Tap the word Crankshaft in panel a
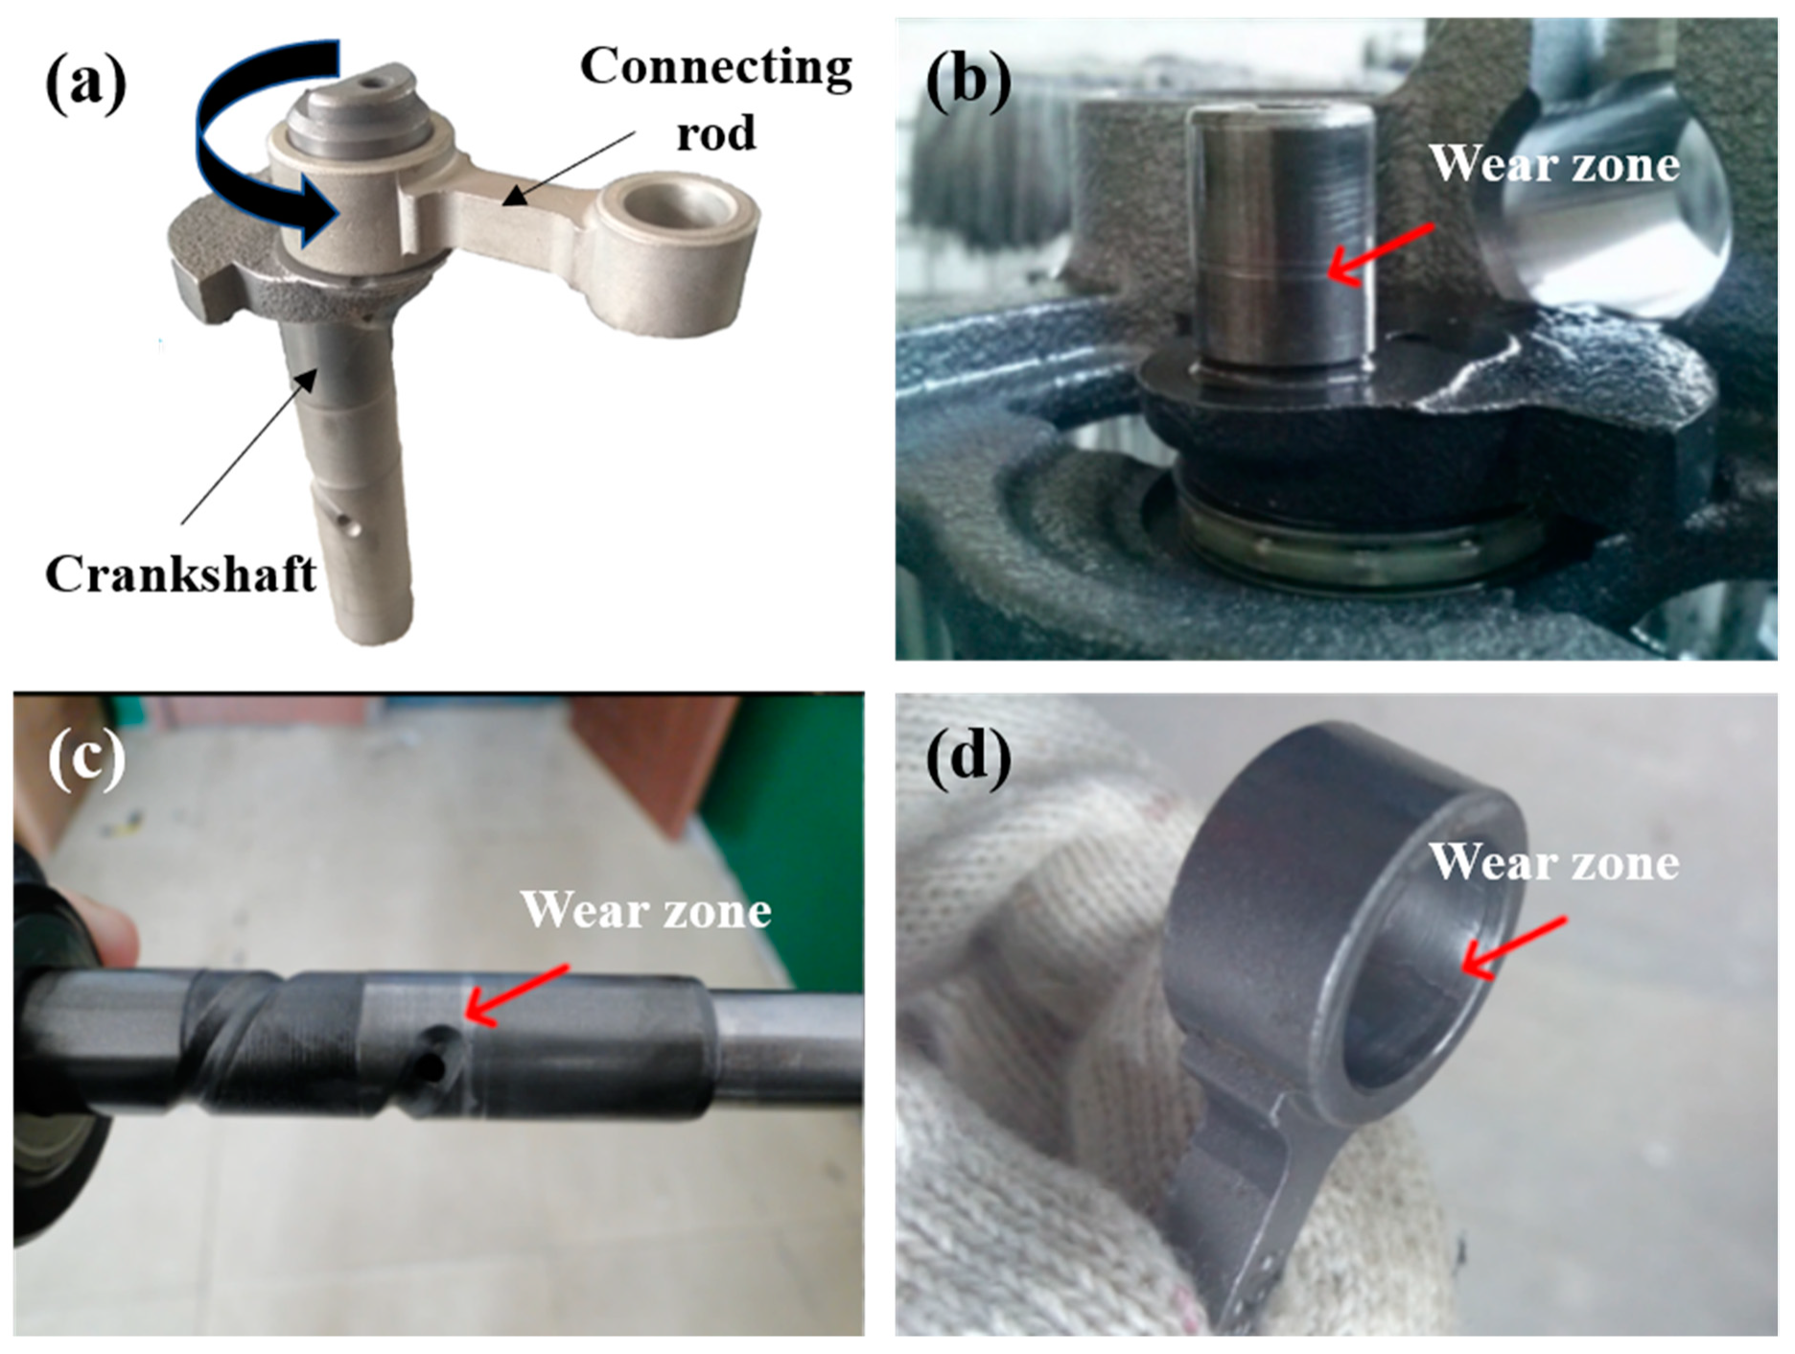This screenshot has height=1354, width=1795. [180, 574]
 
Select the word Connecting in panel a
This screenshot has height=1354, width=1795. [715, 67]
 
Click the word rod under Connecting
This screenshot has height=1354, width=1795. [715, 132]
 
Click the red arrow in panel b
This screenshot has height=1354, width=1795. [1381, 254]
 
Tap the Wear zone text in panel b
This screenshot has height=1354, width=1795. [1553, 165]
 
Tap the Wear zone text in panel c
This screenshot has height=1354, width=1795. [645, 910]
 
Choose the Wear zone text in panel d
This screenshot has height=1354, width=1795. [1553, 862]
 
